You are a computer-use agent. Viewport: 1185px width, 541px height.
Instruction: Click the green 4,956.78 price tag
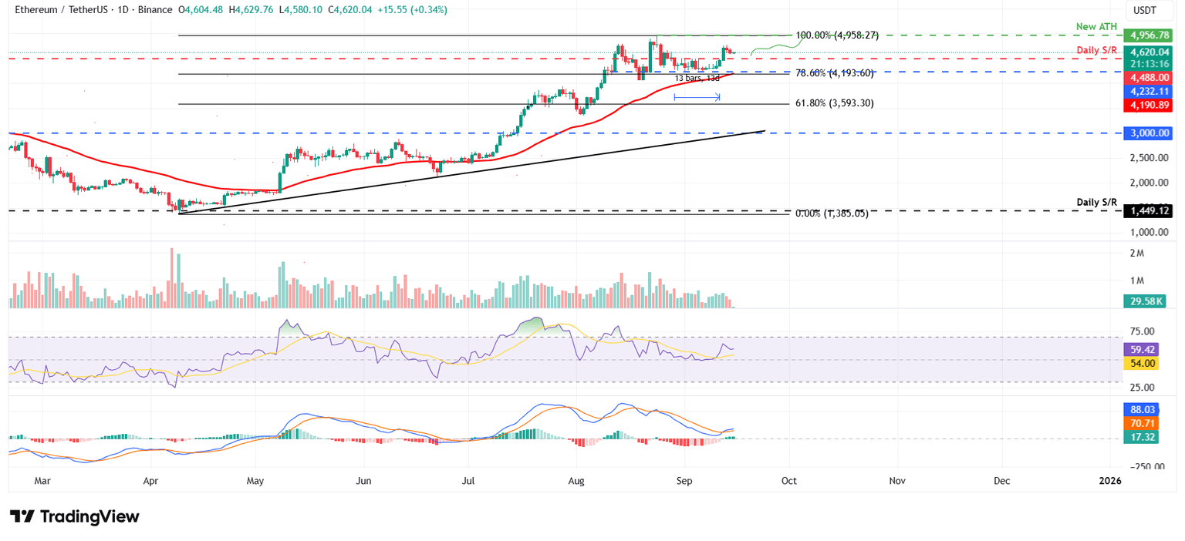click(x=1148, y=35)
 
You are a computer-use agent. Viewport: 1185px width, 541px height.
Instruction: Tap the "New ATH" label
click(x=1096, y=27)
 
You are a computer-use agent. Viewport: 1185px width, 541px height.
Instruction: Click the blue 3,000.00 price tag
click(x=1148, y=133)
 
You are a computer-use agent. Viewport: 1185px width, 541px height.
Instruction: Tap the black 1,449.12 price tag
click(x=1148, y=210)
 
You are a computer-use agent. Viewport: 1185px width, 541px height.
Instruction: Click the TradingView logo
click(x=75, y=516)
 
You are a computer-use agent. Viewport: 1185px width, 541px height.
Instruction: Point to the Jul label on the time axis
click(x=468, y=480)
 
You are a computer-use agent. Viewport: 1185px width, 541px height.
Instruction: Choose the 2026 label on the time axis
click(x=1109, y=480)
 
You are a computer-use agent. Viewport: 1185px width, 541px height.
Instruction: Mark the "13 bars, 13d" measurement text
click(x=697, y=79)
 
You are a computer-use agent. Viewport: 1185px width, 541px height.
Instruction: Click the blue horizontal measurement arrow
click(x=697, y=97)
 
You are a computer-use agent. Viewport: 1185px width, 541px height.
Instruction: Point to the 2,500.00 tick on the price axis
click(x=1146, y=158)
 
